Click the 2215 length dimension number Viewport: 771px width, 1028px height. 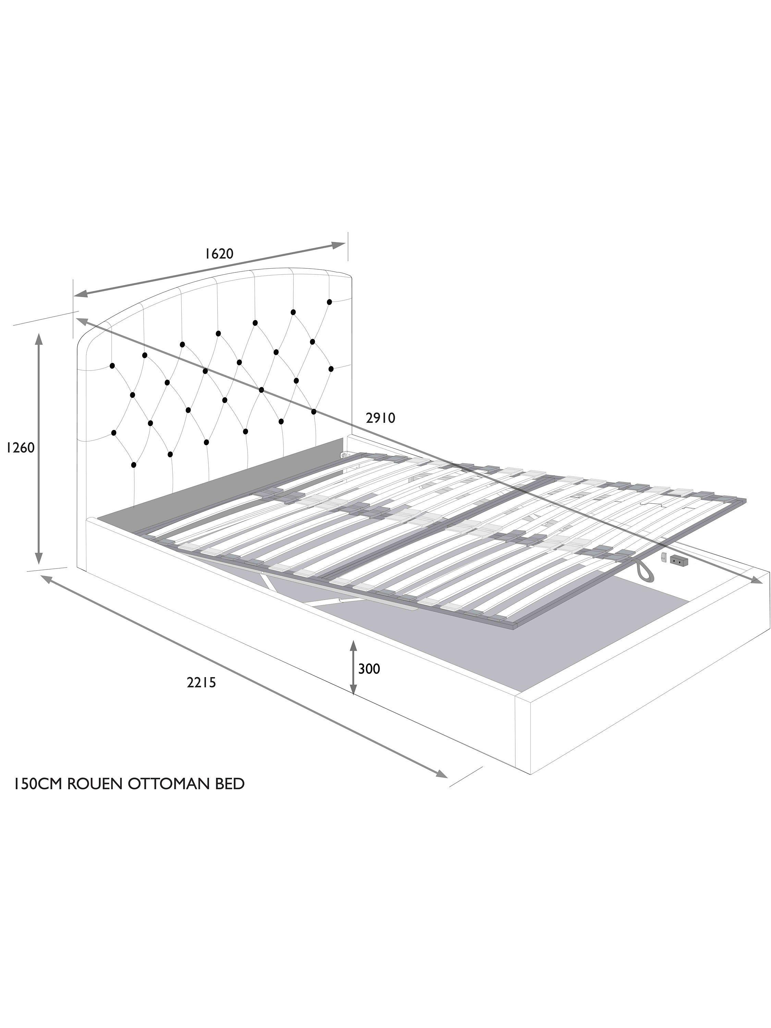coord(202,683)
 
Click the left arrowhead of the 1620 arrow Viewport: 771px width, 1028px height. coord(81,293)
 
